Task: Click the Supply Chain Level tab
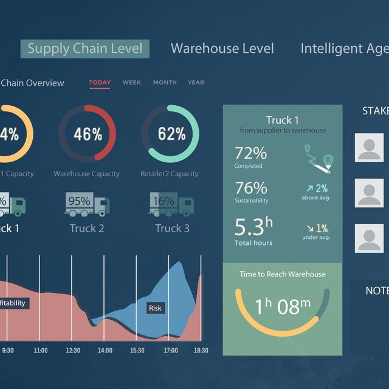pos(84,49)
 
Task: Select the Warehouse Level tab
pos(222,49)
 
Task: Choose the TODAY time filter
pos(100,83)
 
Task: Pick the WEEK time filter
pos(131,83)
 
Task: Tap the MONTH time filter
pos(165,83)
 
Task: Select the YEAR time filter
pos(196,83)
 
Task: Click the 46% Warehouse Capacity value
pos(88,134)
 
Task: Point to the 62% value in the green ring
pos(171,134)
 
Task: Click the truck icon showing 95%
pos(86,204)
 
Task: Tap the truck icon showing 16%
pos(171,204)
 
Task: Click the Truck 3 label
pos(172,229)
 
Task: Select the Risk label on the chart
pos(155,308)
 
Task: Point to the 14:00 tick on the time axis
pos(105,350)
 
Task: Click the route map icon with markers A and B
pos(317,156)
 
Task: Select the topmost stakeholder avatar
pos(370,148)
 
